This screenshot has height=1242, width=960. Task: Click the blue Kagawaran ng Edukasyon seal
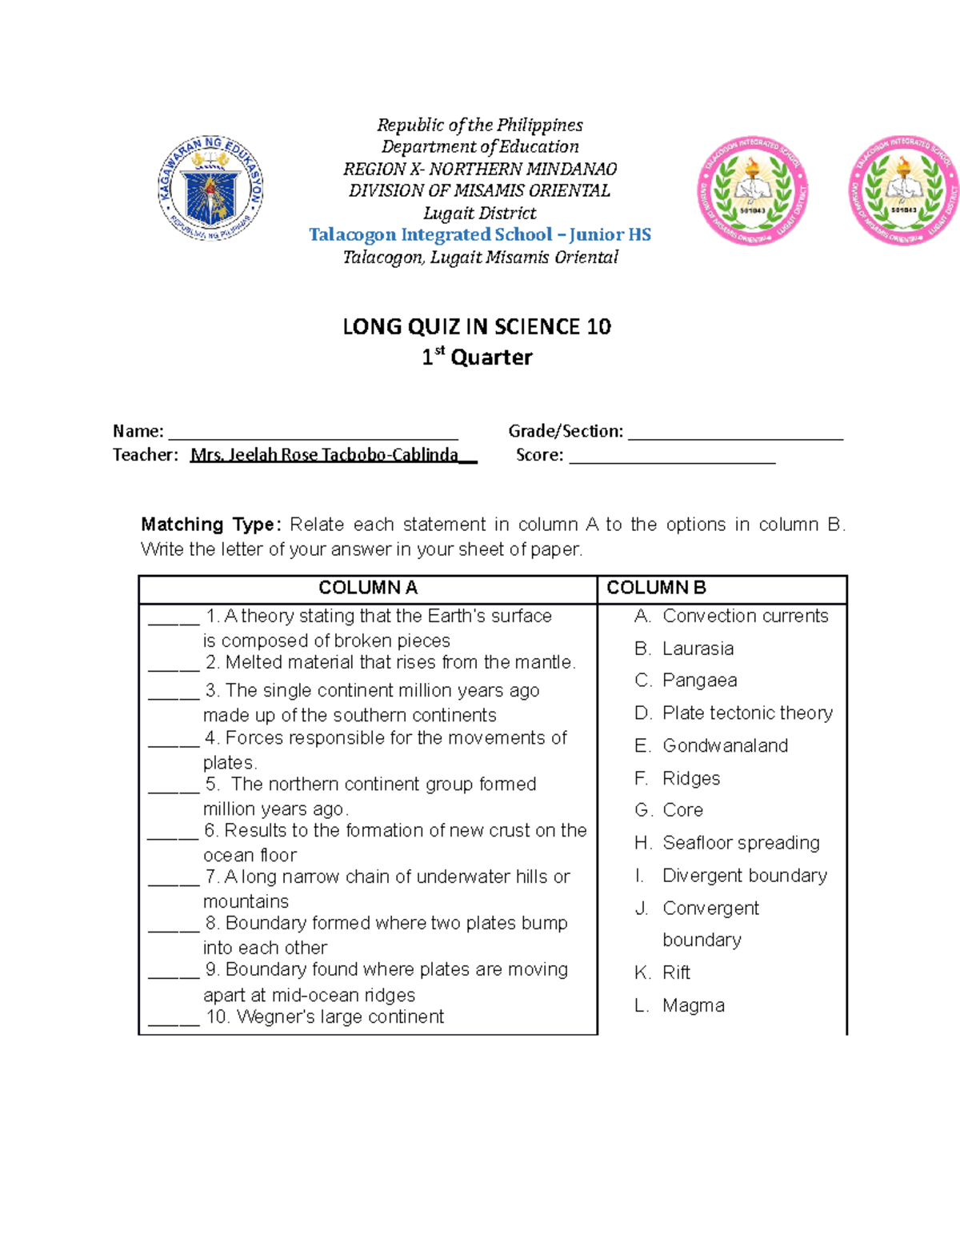(x=210, y=189)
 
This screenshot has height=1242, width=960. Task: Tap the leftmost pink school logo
(x=752, y=190)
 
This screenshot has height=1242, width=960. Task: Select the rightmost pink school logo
(x=903, y=190)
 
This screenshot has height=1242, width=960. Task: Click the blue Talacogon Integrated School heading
(x=480, y=234)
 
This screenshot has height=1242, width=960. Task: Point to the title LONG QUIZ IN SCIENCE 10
(x=477, y=326)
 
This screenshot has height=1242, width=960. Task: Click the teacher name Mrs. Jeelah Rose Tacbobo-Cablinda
(x=324, y=455)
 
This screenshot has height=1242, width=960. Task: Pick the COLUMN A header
(x=368, y=588)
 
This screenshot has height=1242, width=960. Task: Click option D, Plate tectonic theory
(x=747, y=713)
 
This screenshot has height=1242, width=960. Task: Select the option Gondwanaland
(x=725, y=745)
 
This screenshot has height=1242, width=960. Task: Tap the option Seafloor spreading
(x=741, y=843)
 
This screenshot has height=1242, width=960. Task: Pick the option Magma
(x=693, y=1005)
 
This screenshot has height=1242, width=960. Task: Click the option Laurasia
(x=698, y=649)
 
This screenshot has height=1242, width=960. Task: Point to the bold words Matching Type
(x=209, y=525)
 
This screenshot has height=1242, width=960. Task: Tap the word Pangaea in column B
(x=699, y=681)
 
